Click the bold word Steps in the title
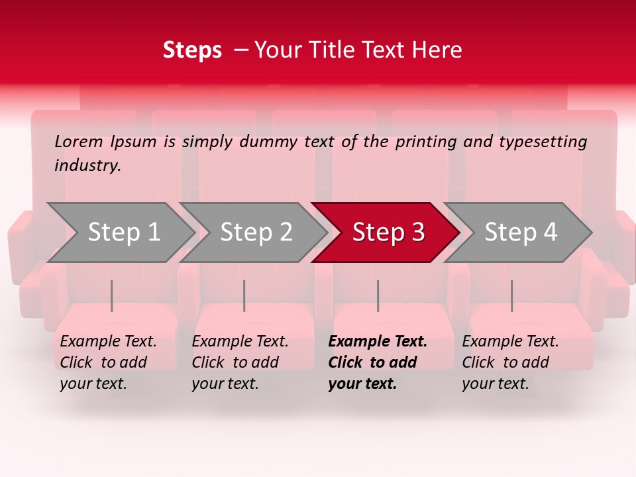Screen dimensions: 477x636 pyautogui.click(x=192, y=50)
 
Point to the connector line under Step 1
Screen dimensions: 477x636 pyautogui.click(x=112, y=295)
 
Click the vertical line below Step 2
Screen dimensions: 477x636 pyautogui.click(x=244, y=295)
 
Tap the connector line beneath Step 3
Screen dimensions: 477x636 pyautogui.click(x=378, y=295)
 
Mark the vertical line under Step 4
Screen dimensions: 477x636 pyautogui.click(x=511, y=295)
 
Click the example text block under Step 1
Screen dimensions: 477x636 pyautogui.click(x=108, y=362)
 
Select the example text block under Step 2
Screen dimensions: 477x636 pyautogui.click(x=240, y=362)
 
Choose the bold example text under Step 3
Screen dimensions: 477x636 pyautogui.click(x=378, y=362)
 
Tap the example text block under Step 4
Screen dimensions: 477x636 pyautogui.click(x=510, y=362)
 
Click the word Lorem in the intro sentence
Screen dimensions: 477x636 pyautogui.click(x=79, y=142)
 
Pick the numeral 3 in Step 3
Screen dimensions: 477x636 pyautogui.click(x=417, y=233)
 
